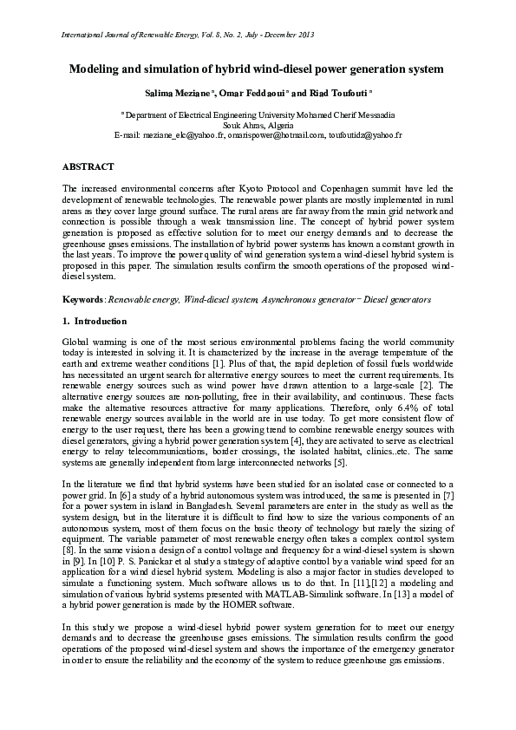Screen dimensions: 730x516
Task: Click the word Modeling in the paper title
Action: tap(94, 68)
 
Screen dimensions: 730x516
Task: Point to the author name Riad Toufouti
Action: tap(341, 92)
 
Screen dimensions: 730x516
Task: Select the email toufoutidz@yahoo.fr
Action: tap(365, 135)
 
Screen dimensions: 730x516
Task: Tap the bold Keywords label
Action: tap(82, 299)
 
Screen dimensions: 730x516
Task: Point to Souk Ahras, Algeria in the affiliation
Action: tap(258, 125)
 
